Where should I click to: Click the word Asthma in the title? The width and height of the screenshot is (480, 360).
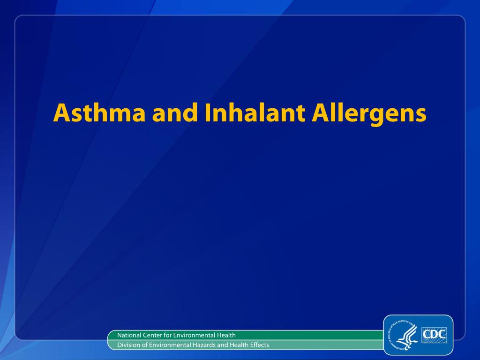(x=99, y=112)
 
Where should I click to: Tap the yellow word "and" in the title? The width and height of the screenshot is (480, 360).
(x=175, y=112)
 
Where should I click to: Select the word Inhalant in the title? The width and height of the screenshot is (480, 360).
(x=255, y=112)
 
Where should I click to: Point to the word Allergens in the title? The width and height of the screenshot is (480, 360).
(x=369, y=114)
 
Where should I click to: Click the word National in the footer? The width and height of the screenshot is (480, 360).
(x=129, y=335)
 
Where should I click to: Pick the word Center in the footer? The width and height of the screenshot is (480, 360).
(x=152, y=335)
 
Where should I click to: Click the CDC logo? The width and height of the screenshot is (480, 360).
(x=434, y=335)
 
